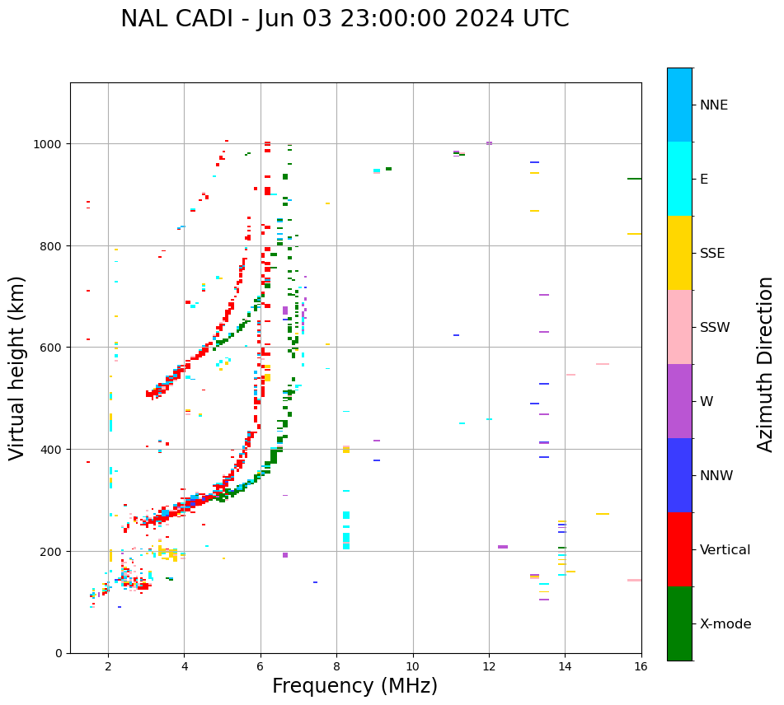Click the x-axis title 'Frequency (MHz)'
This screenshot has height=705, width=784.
(x=354, y=686)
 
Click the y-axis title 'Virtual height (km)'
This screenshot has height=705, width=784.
(x=17, y=367)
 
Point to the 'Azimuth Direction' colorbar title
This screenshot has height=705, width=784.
(x=766, y=364)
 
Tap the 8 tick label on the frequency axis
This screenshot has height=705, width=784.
(x=336, y=667)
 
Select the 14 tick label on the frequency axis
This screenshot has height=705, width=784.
(x=565, y=667)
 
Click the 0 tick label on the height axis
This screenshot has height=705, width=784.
(x=59, y=653)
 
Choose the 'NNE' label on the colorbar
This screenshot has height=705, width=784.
(x=714, y=105)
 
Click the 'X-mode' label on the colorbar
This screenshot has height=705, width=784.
(x=725, y=623)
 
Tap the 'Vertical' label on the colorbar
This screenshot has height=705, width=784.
(x=725, y=549)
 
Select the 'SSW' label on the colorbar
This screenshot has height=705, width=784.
(x=715, y=327)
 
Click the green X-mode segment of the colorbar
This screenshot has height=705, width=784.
(x=679, y=623)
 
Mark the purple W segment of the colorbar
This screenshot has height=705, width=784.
(x=679, y=401)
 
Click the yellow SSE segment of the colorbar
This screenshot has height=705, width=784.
(x=679, y=253)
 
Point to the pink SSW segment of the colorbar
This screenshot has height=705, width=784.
(x=679, y=327)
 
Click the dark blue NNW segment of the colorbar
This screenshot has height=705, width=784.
(x=679, y=475)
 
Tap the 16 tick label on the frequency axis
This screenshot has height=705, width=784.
(x=641, y=667)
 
